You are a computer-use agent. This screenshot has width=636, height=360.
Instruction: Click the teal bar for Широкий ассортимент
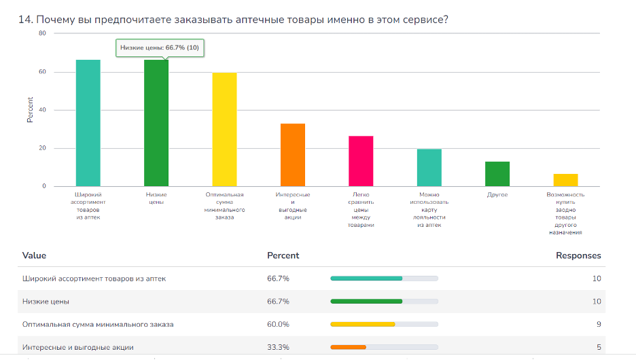point(88,123)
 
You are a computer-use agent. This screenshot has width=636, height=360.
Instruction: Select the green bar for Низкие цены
point(156,123)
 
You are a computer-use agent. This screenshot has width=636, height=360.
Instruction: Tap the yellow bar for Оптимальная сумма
point(224,129)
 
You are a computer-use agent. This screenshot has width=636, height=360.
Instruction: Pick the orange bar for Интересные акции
point(293,155)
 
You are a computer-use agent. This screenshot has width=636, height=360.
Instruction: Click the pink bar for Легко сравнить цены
point(361,161)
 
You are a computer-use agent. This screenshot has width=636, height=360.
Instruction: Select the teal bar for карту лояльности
point(429,168)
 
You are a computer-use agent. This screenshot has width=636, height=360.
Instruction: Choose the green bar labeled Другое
point(497,174)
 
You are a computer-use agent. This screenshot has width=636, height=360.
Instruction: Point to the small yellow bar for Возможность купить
point(565,180)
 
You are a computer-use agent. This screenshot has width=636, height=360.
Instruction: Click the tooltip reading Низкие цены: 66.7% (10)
point(160,48)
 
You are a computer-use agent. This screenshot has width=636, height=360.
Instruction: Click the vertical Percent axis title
point(30,110)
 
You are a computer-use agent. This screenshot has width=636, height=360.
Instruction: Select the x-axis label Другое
point(497,195)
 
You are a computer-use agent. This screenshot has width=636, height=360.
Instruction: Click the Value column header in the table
point(34,255)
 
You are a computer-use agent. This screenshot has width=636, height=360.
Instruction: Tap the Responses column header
point(578,255)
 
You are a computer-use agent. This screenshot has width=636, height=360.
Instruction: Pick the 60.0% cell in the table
point(278,324)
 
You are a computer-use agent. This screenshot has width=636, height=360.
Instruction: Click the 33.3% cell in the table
point(278,347)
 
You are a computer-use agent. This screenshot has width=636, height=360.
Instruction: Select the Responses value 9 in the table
point(599,324)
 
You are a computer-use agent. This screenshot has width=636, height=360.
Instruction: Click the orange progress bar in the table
point(348,347)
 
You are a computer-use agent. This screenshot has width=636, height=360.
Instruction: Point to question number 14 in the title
point(26,20)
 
